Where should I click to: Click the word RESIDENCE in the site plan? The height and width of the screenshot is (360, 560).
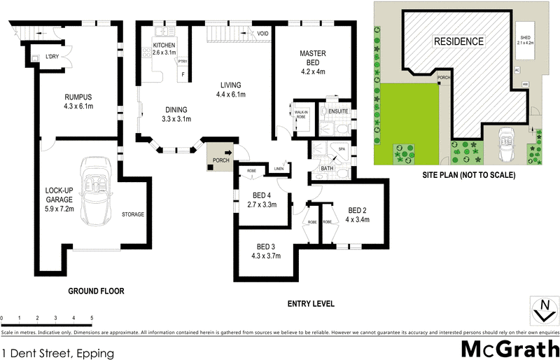pos(458,41)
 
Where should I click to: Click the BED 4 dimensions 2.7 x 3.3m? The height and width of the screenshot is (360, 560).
pos(263,205)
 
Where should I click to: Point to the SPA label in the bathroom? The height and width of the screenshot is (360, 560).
pos(342,149)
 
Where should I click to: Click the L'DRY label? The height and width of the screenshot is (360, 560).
pos(52,56)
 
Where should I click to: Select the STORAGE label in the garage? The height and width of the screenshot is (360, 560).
pos(133,214)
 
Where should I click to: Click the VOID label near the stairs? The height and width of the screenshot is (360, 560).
pos(262,34)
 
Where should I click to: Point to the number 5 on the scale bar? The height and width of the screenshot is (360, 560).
pos(92,318)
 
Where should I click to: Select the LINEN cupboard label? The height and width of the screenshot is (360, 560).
pos(279,168)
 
